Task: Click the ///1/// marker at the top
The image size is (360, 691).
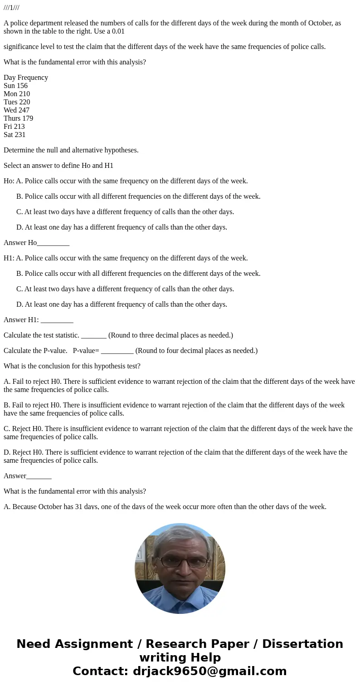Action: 11,8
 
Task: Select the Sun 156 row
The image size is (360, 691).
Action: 15,86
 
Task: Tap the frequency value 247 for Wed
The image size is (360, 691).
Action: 24,110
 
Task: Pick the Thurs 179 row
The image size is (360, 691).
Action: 18,118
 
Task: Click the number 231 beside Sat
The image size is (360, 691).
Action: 20,135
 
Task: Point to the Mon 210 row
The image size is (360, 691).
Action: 17,94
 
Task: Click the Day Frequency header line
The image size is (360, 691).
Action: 26,78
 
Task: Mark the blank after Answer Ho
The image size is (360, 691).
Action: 53,244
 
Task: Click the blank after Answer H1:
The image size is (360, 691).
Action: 57,321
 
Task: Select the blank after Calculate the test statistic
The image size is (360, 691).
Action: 94,336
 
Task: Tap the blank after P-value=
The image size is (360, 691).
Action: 117,352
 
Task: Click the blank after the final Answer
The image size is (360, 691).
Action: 39,477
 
